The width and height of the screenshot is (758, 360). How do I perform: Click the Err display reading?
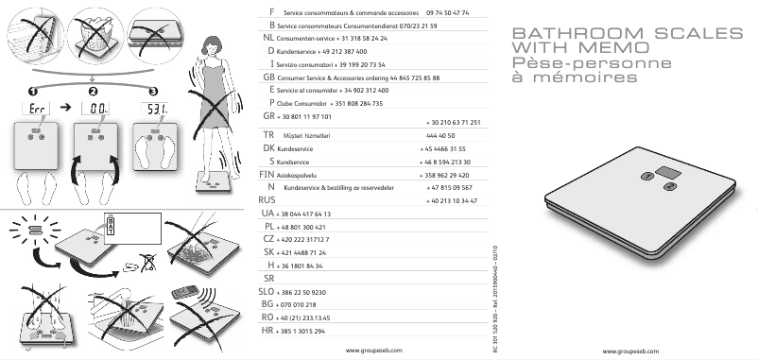pos(36,109)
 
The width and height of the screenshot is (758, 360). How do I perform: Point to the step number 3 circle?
pos(153,91)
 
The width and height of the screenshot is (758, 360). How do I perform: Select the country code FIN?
pos(267,175)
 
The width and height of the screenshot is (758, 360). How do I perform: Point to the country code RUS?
pos(267,201)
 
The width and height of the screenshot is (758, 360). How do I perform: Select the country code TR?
pos(268,136)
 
